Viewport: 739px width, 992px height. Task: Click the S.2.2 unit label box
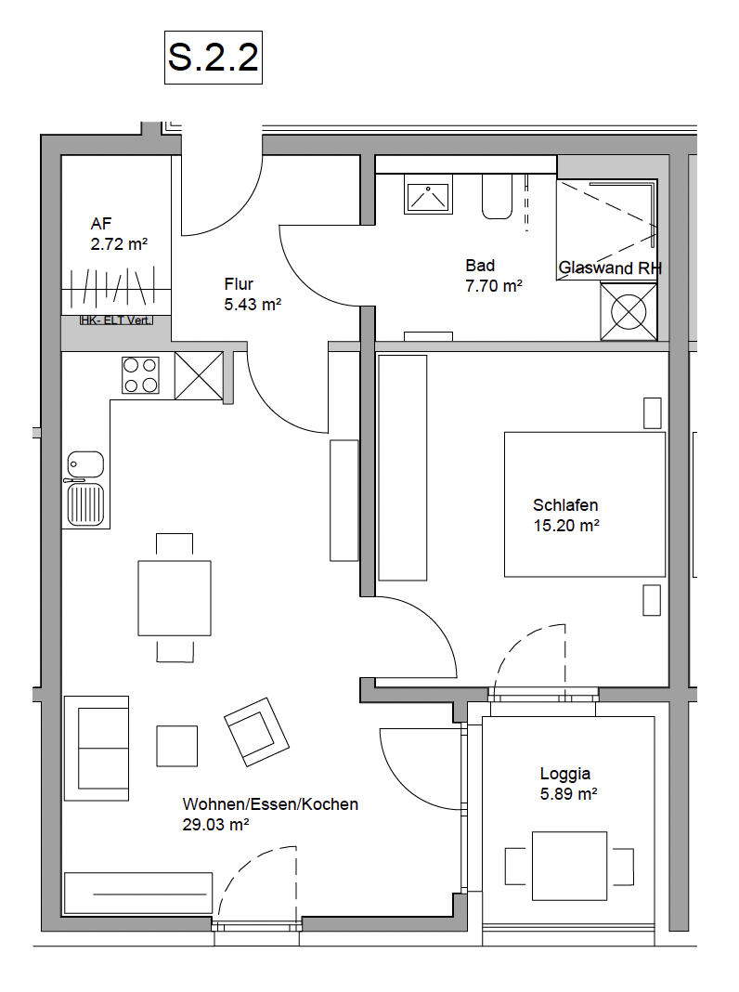coord(213,57)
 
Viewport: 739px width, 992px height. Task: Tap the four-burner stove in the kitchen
coord(140,375)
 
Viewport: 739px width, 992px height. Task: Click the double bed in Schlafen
coord(585,504)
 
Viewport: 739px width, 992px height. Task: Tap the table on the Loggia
coord(570,866)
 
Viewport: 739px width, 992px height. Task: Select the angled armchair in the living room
coord(256,732)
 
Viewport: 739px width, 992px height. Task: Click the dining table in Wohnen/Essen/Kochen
coord(175,598)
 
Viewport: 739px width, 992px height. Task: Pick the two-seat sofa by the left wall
coord(97,749)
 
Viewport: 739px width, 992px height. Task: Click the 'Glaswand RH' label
coord(610,268)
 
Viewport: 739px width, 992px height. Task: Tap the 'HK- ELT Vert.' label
coord(116,320)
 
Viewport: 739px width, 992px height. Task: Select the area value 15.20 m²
coord(566,525)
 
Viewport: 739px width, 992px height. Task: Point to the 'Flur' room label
coord(239,283)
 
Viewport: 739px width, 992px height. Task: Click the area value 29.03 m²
coord(215,825)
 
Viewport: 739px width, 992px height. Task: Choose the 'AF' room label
coord(101,223)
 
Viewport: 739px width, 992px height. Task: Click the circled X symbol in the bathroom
coord(629,311)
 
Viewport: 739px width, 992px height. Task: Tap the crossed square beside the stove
coord(199,376)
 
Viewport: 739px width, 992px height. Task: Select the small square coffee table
coord(177,746)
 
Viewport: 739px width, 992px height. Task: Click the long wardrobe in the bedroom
coord(403,467)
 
